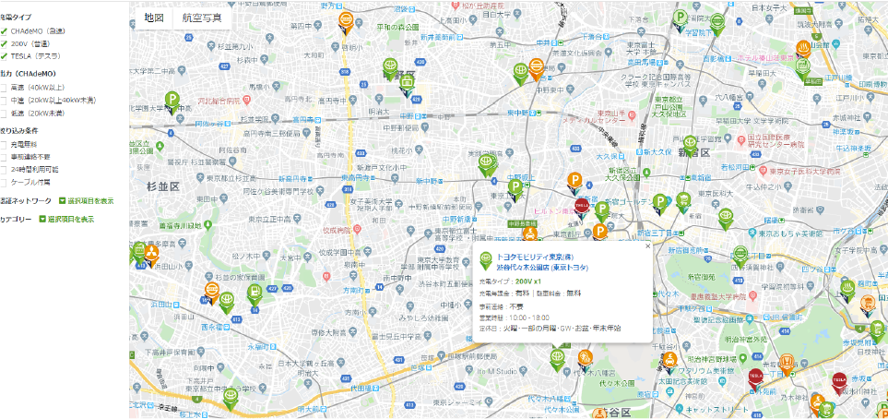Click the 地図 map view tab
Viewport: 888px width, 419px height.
point(154,18)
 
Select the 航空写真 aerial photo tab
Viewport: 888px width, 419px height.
point(201,18)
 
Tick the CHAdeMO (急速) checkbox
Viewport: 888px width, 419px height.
point(4,30)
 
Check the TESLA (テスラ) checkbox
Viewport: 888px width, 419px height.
point(4,54)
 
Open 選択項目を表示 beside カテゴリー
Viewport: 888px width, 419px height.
point(65,220)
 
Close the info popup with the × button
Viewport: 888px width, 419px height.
point(646,246)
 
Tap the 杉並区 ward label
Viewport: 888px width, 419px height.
point(162,186)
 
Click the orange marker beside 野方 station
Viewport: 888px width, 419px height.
point(345,21)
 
